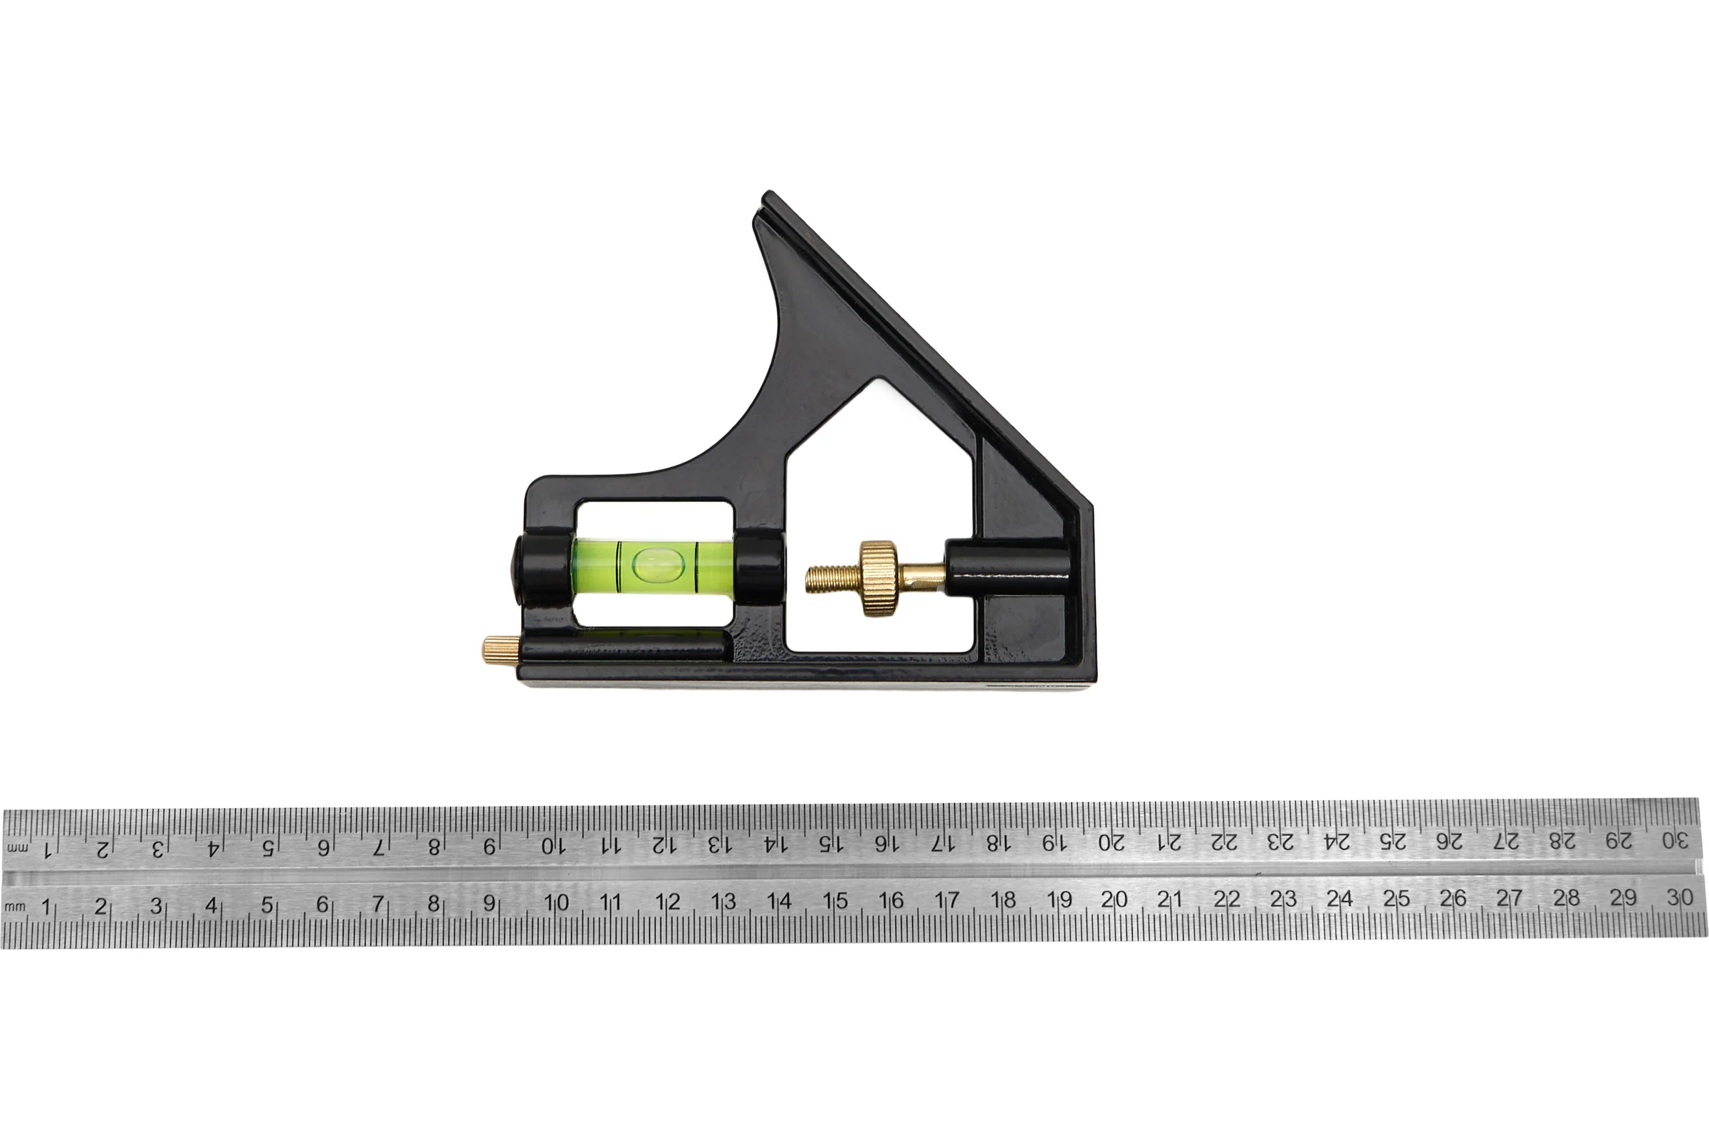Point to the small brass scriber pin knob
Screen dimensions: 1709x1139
pos(498,646)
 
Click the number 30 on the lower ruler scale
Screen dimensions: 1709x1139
pos(1679,897)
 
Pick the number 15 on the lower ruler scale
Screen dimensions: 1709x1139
pos(835,901)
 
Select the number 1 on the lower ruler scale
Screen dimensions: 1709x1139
pos(46,906)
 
